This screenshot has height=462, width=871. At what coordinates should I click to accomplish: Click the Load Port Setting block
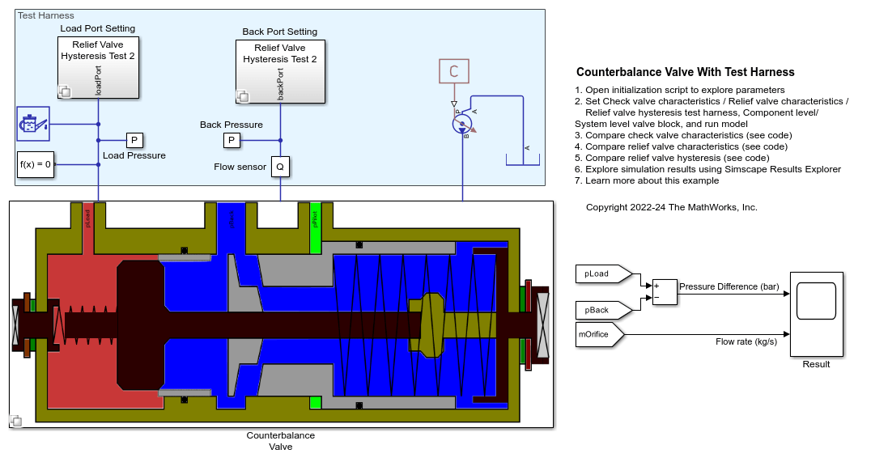97,68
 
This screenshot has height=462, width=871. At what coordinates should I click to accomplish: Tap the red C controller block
453,71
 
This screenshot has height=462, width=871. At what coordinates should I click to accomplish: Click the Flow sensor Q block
280,167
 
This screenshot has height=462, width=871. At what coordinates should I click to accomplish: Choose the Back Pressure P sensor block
232,141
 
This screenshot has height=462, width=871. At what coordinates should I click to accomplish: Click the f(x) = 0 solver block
36,164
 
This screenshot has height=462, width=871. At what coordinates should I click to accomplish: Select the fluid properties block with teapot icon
33,124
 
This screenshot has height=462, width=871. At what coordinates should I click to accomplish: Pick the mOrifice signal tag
597,333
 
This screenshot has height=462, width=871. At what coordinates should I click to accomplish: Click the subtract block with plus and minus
664,291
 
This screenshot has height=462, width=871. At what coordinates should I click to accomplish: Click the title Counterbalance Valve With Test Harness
685,72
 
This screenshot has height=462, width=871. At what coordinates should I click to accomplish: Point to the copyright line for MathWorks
671,207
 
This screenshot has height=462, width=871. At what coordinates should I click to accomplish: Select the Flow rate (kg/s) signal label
746,341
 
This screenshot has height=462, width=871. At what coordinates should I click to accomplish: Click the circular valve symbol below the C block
461,124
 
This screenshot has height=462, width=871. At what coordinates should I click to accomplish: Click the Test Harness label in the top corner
45,15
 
